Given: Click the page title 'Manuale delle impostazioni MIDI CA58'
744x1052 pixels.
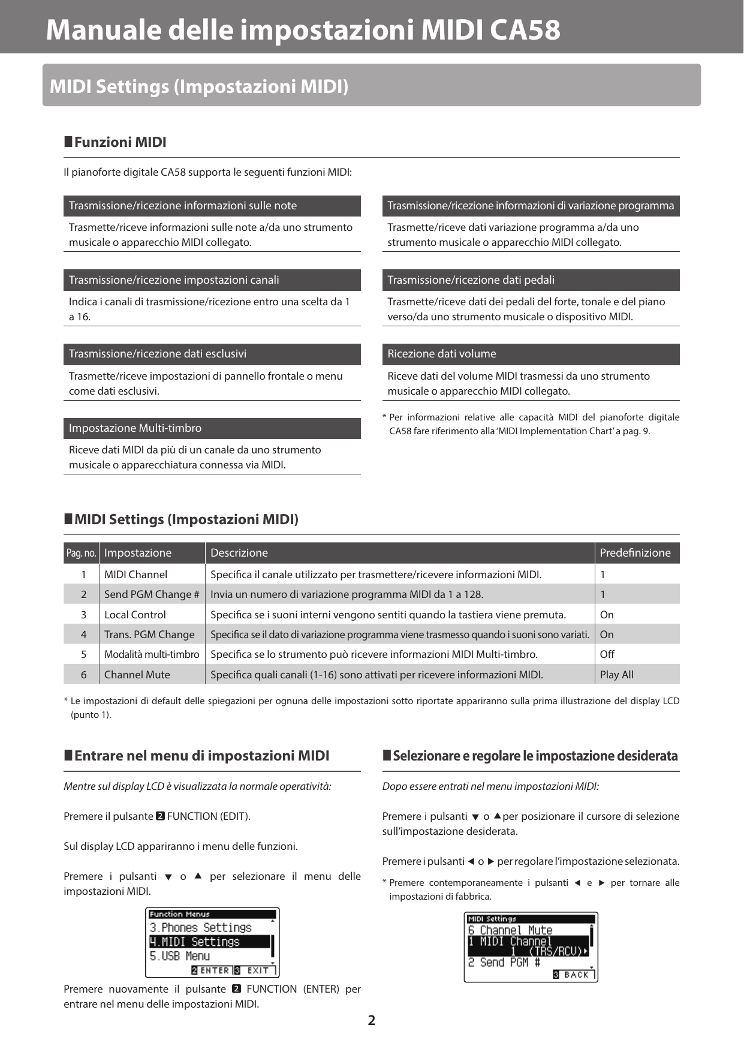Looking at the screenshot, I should [303, 30].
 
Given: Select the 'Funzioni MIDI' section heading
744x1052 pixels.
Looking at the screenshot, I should [120, 142].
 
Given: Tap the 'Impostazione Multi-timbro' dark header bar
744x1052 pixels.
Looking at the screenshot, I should [212, 428].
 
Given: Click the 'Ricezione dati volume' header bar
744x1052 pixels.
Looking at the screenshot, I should [531, 354].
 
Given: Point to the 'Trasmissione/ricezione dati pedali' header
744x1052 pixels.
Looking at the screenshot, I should [531, 280].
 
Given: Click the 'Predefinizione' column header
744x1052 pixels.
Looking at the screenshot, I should [635, 553].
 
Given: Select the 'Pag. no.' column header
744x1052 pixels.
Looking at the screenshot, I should [81, 553].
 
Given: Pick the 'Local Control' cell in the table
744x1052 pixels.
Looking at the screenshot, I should [135, 615].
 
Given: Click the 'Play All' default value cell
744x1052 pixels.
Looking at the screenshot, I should [616, 675].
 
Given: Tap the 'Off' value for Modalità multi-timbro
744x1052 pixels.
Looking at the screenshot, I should [607, 654].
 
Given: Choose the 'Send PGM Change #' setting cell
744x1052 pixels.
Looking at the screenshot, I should [152, 594].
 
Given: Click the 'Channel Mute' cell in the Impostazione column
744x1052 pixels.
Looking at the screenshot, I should [137, 675].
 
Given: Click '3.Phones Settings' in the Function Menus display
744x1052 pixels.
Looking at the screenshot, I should [201, 927].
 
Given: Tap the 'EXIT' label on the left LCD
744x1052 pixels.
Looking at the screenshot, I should [258, 970].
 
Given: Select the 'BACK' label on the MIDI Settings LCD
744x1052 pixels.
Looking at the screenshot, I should [576, 975].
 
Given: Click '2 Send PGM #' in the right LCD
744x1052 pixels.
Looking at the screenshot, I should [504, 962].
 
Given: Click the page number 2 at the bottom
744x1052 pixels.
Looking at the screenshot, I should [372, 1020].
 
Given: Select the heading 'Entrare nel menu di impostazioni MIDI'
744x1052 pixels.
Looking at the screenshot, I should [201, 756].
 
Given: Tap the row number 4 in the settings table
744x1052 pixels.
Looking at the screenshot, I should [83, 635].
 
